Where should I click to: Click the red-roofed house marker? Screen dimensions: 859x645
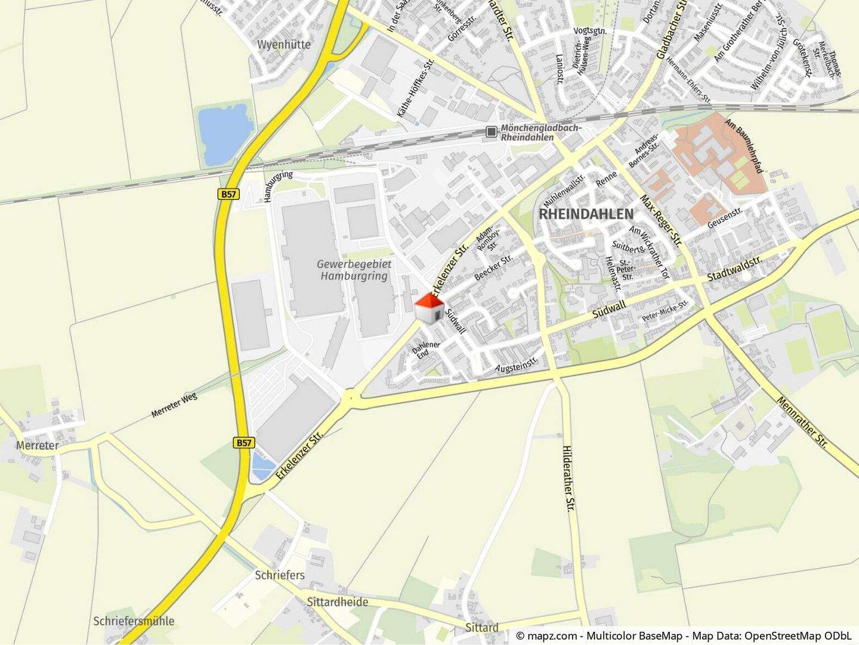(x=429, y=308)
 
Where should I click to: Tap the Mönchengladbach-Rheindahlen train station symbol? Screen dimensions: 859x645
(x=491, y=132)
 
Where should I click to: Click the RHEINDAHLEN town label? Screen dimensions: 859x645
(x=586, y=214)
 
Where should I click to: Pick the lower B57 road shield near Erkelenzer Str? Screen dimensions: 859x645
(x=244, y=443)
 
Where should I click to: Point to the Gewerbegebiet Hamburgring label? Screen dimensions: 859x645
(x=354, y=270)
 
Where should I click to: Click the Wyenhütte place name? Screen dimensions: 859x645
(x=284, y=44)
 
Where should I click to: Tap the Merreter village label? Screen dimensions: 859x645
(x=38, y=445)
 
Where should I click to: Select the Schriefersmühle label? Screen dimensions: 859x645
(x=134, y=621)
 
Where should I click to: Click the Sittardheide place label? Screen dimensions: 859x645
(x=337, y=601)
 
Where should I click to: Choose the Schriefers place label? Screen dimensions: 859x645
(x=280, y=575)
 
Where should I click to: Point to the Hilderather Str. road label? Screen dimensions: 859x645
(x=568, y=478)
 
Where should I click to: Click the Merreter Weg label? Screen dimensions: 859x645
(x=174, y=405)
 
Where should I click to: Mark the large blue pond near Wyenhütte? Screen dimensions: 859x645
(x=223, y=135)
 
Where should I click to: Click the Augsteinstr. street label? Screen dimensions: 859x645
(x=517, y=363)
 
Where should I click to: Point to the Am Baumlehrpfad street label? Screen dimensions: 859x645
(x=744, y=146)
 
